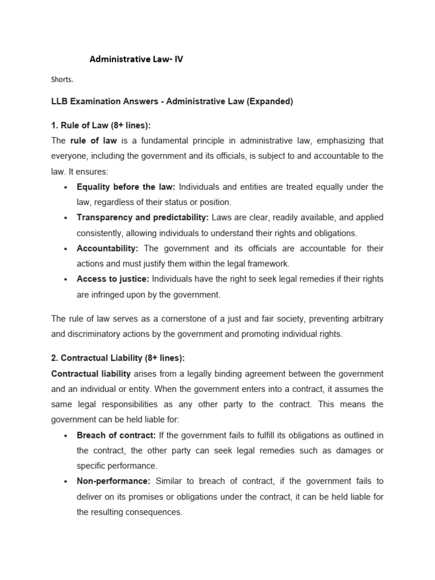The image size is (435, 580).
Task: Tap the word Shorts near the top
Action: click(62, 80)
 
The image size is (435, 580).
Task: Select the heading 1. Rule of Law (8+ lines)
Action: click(101, 125)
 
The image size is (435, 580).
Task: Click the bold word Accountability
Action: click(108, 248)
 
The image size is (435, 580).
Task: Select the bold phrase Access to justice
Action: click(113, 279)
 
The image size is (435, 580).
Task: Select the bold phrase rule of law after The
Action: click(92, 140)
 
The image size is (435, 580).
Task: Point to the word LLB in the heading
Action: click(59, 102)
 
